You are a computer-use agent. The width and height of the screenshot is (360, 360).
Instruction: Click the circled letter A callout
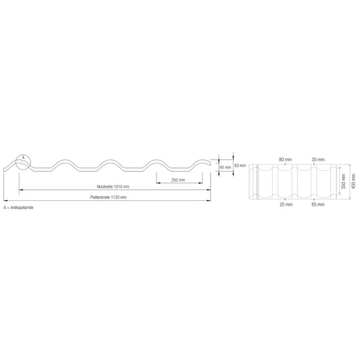pos(23,158)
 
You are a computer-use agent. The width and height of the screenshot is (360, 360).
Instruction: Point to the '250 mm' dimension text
pos(177,180)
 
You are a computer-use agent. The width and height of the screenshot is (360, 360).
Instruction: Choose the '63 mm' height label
pos(240,165)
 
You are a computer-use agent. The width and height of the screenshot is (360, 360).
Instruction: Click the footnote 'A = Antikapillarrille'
pos(19,208)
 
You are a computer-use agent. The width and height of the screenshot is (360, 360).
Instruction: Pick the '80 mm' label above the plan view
pos(285,159)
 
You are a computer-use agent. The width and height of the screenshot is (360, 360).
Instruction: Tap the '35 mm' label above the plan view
pos(318,159)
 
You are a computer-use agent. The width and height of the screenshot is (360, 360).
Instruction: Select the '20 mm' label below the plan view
pos(285,205)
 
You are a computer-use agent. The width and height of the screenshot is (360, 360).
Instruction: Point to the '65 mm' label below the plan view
pos(318,205)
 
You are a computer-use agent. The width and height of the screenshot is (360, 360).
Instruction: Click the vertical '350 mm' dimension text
pos(343,182)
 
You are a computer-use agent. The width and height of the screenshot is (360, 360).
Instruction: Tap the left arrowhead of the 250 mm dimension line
pos(157,184)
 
